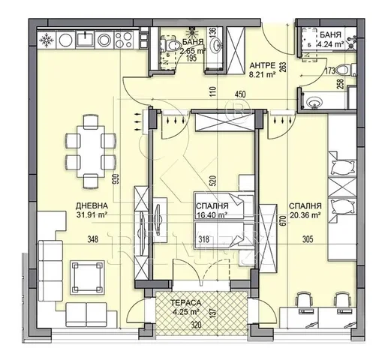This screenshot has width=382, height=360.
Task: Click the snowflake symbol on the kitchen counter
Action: click(x=47, y=40)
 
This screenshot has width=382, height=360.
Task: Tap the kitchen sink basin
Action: click(x=86, y=39)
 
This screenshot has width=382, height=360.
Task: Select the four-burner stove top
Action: click(x=123, y=40)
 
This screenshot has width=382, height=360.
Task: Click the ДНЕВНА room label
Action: click(x=92, y=205)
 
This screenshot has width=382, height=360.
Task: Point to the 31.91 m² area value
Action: click(x=92, y=214)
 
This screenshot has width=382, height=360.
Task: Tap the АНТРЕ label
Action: click(x=263, y=66)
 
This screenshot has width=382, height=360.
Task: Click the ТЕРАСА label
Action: click(x=186, y=303)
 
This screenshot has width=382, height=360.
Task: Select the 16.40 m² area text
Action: click(x=212, y=214)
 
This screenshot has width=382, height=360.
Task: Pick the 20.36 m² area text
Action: click(x=305, y=214)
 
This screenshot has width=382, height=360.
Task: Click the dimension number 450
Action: click(x=240, y=94)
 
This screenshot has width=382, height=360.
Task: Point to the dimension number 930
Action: click(x=116, y=179)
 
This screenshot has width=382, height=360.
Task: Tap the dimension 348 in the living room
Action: click(x=93, y=239)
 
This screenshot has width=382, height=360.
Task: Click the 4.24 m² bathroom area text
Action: click(x=331, y=44)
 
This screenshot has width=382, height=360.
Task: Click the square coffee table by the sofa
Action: click(x=87, y=277)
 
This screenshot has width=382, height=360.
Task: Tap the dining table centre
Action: click(x=91, y=151)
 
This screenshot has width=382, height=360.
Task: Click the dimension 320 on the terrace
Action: click(x=196, y=325)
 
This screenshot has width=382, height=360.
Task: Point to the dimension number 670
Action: click(x=283, y=221)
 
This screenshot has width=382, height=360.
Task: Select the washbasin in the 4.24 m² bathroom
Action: click(x=312, y=102)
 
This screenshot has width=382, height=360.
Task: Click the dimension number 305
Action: click(x=308, y=239)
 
